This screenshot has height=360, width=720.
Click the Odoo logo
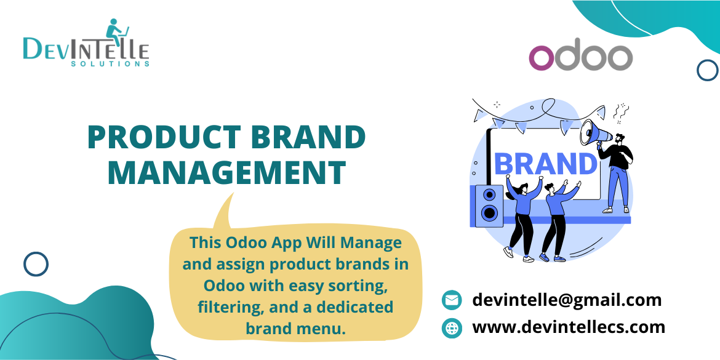pyautogui.click(x=580, y=57)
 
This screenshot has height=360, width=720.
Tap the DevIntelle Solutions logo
pyautogui.click(x=86, y=43)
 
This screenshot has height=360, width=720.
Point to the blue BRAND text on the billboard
pyautogui.click(x=545, y=164)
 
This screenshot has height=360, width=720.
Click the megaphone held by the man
pyautogui.click(x=594, y=132)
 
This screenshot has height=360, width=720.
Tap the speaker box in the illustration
pyautogui.click(x=489, y=204)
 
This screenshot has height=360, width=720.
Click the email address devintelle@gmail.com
pyautogui.click(x=566, y=300)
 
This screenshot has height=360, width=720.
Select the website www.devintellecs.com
pyautogui.click(x=568, y=327)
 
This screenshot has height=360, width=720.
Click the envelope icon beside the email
pyautogui.click(x=452, y=300)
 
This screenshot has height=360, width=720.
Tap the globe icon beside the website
pyautogui.click(x=452, y=328)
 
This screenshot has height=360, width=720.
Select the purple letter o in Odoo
pyautogui.click(x=542, y=58)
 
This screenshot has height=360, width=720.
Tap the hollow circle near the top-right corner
pyautogui.click(x=708, y=70)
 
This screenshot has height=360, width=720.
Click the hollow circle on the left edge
pyautogui.click(x=36, y=264)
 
